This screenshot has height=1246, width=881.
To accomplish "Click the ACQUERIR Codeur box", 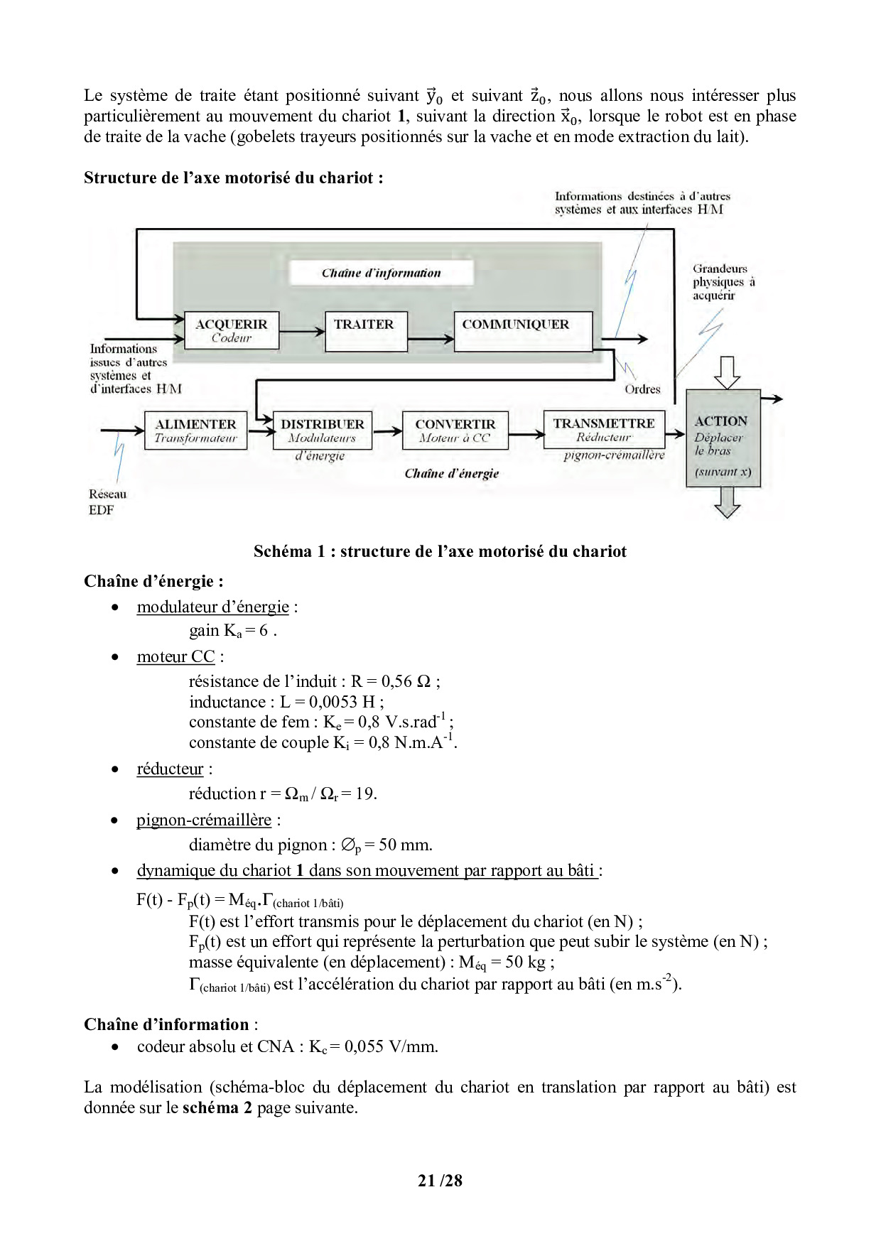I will point(231,330).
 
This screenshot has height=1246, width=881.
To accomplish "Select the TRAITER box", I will point(365,331).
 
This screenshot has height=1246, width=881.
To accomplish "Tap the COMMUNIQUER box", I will point(522,331).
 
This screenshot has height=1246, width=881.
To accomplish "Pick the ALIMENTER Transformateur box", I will point(195,430).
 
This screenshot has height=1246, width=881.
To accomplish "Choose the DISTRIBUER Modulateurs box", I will point(322,430).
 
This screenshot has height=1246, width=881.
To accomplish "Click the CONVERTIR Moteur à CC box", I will point(455,430).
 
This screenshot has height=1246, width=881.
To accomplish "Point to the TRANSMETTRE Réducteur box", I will point(604,429).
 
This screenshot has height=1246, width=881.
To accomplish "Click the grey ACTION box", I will point(723,438).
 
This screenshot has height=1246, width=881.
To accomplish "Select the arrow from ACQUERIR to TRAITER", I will point(302,331).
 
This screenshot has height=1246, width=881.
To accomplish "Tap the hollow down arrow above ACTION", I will point(726,372).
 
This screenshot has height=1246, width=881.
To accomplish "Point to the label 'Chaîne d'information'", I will point(381,273).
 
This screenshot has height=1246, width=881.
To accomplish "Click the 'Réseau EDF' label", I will point(107,502).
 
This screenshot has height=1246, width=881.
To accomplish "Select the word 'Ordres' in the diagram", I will point(642,389).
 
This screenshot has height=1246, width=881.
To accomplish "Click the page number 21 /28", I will point(440,1180).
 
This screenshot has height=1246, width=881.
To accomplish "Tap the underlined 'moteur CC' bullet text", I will point(175,656).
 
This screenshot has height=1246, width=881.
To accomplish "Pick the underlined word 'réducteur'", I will point(170,769).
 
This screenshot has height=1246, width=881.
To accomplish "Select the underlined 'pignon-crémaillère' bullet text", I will point(204,820).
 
